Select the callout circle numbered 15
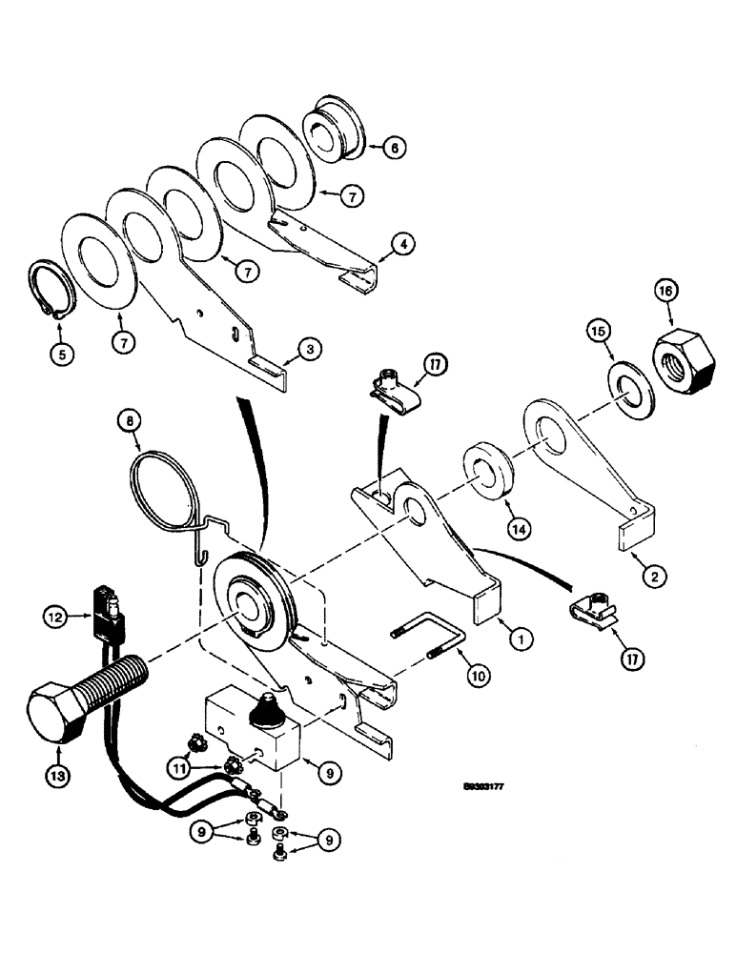(598, 333)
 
